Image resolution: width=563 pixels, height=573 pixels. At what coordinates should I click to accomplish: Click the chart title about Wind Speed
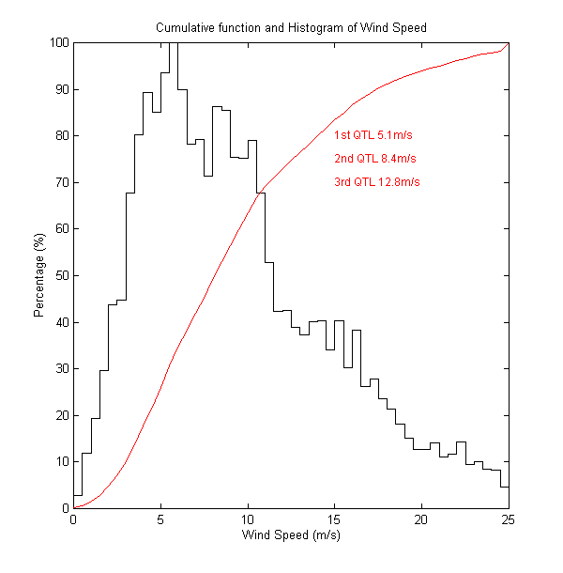pyautogui.click(x=291, y=27)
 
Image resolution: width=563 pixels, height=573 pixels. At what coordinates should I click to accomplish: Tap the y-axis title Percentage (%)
pyautogui.click(x=39, y=275)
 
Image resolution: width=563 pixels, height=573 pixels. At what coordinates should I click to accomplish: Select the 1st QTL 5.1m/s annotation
pyautogui.click(x=373, y=135)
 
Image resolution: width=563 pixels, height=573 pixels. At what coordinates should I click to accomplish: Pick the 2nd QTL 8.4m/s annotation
pyautogui.click(x=375, y=158)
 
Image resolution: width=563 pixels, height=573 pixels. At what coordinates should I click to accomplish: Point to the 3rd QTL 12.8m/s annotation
pyautogui.click(x=377, y=181)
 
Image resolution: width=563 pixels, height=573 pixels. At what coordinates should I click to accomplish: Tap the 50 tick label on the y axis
pyautogui.click(x=61, y=275)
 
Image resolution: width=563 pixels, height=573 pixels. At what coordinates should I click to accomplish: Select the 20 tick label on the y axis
pyautogui.click(x=61, y=415)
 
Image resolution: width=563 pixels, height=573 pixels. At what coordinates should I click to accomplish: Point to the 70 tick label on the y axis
pyautogui.click(x=61, y=182)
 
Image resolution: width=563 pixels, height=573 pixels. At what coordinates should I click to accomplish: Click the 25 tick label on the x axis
pyautogui.click(x=508, y=519)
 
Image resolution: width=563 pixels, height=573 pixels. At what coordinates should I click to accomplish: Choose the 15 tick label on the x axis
pyautogui.click(x=334, y=519)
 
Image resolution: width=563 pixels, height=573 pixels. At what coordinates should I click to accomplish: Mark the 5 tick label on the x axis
pyautogui.click(x=160, y=519)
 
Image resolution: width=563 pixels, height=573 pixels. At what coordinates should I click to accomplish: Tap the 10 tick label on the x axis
pyautogui.click(x=248, y=519)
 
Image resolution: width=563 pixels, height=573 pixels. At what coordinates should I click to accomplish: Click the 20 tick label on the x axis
pyautogui.click(x=421, y=519)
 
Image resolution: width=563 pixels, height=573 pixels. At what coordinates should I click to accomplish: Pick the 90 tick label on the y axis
pyautogui.click(x=61, y=89)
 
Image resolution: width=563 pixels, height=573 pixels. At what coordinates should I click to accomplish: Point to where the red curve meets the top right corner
pyautogui.click(x=507, y=43)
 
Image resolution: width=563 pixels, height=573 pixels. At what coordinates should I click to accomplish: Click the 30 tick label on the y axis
pyautogui.click(x=61, y=368)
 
